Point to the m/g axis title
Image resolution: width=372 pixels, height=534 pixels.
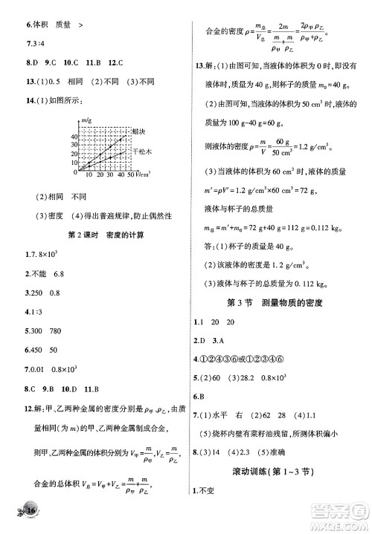tap(86, 121)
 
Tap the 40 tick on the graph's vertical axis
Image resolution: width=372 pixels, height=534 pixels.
tap(74, 137)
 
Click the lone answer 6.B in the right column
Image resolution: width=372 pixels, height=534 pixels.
tap(199, 396)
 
